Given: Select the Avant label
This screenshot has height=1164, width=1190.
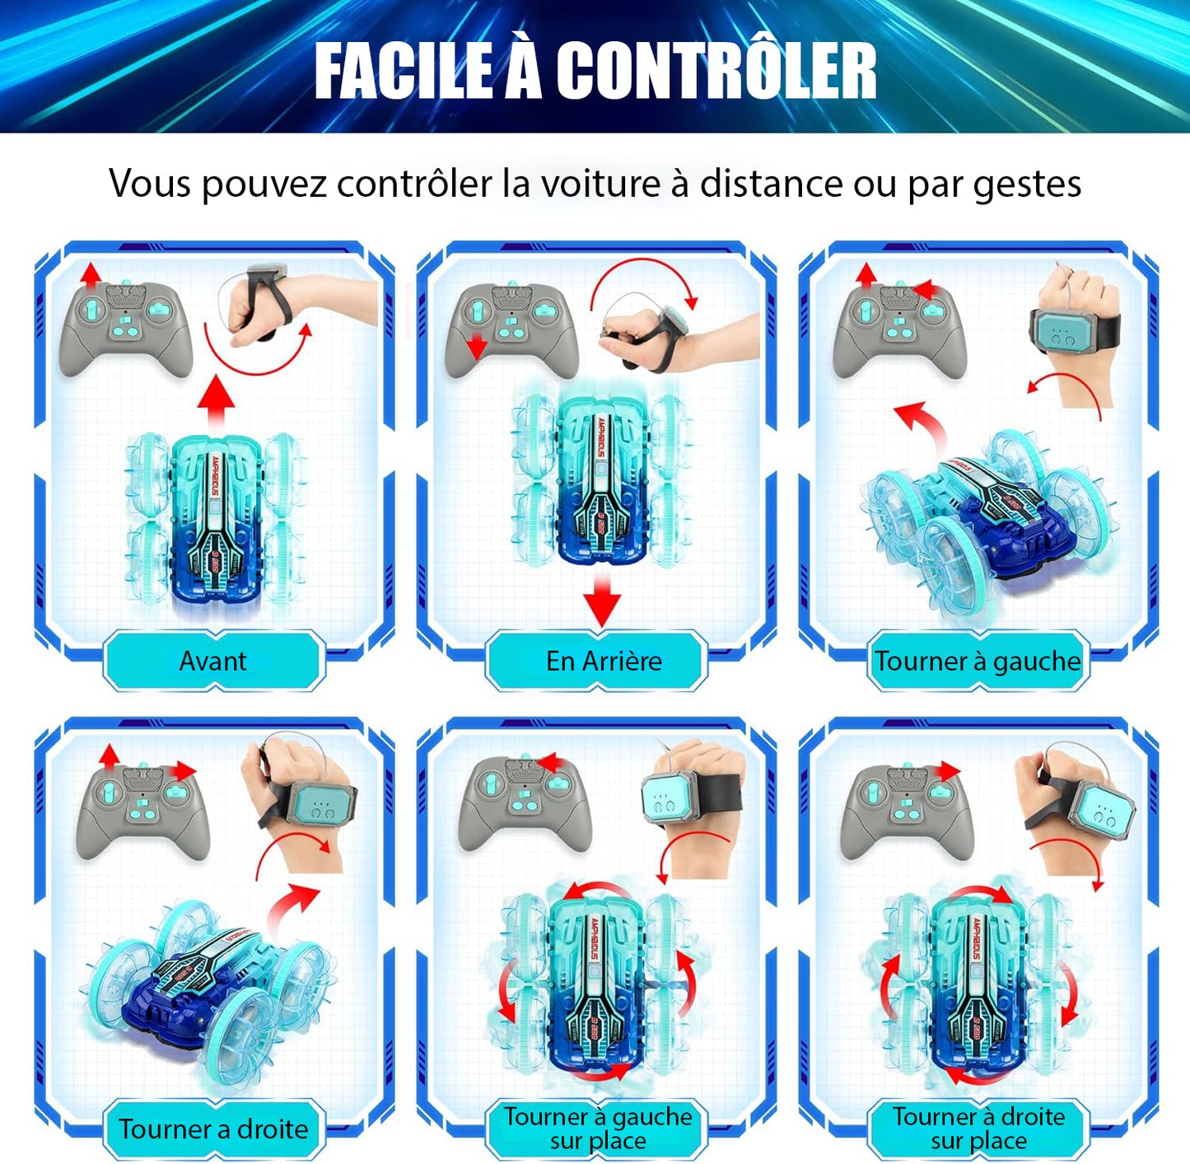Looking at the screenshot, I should pyautogui.click(x=213, y=661).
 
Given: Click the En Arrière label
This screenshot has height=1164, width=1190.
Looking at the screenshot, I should pyautogui.click(x=603, y=661).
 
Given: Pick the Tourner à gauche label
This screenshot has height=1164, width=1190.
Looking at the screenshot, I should pyautogui.click(x=978, y=661).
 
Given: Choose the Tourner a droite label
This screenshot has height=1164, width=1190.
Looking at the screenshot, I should pyautogui.click(x=213, y=1129).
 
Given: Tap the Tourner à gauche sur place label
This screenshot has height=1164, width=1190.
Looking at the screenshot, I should pyautogui.click(x=598, y=1129).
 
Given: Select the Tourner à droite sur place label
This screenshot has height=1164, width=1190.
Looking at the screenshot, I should pyautogui.click(x=978, y=1129).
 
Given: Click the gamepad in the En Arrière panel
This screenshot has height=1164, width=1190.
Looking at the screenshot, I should pyautogui.click(x=511, y=329).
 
